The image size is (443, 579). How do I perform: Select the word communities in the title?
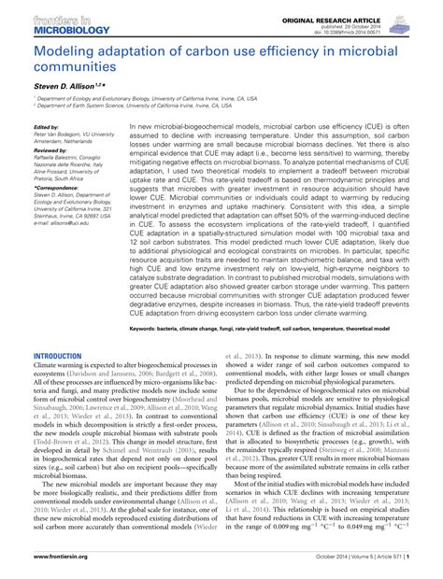pos(73,67)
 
